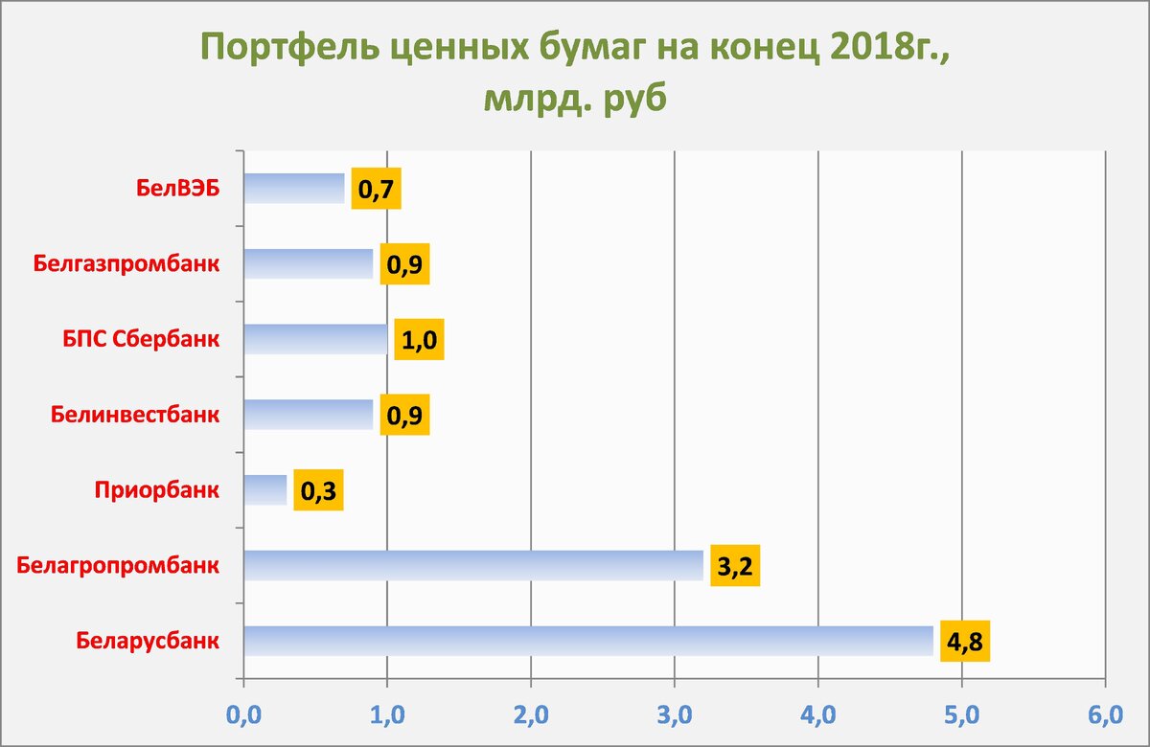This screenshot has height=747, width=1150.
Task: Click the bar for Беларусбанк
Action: (x=588, y=641)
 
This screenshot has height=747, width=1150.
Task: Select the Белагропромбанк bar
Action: (x=473, y=565)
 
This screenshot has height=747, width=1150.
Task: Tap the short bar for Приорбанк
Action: (x=265, y=490)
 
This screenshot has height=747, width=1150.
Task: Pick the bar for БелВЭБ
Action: (x=293, y=188)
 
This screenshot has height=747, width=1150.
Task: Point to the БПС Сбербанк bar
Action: (x=315, y=339)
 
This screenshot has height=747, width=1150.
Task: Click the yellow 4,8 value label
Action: (x=964, y=642)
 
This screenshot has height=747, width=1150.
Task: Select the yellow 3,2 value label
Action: (x=734, y=567)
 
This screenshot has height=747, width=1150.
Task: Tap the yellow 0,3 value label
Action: (x=317, y=491)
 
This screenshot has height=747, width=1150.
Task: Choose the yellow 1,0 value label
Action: (x=419, y=340)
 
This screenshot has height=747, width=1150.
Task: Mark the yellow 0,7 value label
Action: (x=375, y=189)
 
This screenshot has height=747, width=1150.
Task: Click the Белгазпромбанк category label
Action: (x=126, y=263)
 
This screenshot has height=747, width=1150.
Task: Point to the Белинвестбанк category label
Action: (x=133, y=416)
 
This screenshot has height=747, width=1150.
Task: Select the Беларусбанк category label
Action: (x=148, y=641)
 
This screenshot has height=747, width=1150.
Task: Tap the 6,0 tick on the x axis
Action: (x=1104, y=714)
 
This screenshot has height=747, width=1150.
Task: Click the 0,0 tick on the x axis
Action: (x=243, y=714)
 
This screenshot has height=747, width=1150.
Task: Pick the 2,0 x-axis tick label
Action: (x=530, y=714)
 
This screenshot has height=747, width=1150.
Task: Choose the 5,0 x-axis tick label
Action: (x=961, y=714)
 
